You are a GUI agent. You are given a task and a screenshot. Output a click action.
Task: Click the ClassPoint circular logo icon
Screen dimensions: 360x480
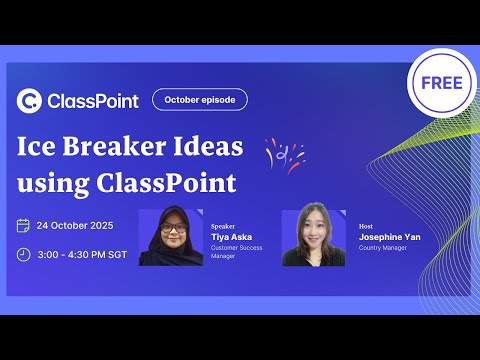(30, 100)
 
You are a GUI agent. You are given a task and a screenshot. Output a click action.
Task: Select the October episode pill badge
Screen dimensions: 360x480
(199, 99)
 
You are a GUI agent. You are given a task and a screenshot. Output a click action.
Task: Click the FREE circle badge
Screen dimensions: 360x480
(441, 83)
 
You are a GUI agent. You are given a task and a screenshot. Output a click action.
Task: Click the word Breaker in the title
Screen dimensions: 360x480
(114, 147)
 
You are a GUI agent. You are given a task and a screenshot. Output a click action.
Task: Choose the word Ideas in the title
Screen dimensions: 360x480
(207, 147)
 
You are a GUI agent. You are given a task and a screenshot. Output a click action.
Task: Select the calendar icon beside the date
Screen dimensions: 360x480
(23, 225)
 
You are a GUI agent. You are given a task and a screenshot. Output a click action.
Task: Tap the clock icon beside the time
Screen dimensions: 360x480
(23, 254)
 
